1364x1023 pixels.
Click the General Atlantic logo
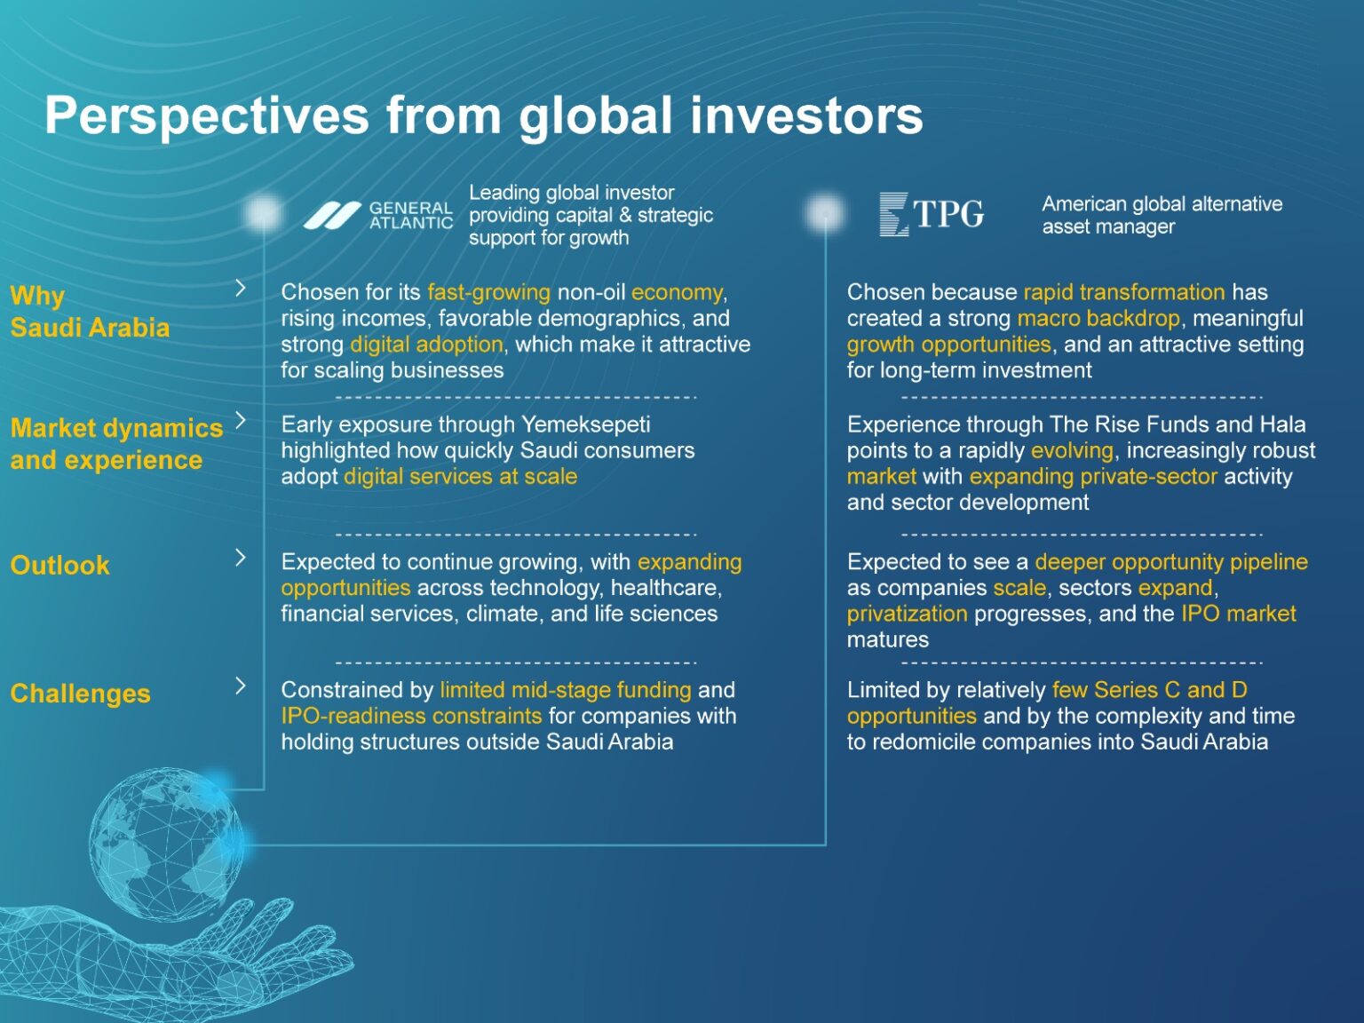377,216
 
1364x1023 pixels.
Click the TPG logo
932,214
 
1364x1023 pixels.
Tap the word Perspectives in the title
207,116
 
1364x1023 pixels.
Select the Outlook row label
60,566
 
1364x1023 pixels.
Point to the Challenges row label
80,694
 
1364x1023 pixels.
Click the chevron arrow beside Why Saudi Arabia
241,288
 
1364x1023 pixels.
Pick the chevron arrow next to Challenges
241,686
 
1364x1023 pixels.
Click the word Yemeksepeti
585,424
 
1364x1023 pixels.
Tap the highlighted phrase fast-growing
489,292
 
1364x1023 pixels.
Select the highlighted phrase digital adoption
427,344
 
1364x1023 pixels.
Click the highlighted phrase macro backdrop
1098,319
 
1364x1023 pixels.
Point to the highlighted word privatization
908,614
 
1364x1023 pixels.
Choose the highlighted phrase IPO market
1239,614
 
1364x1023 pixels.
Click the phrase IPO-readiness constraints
411,716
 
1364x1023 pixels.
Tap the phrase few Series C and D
1150,690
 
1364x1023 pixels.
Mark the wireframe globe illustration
167,845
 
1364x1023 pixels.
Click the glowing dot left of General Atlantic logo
264,212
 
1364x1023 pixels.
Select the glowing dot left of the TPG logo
825,213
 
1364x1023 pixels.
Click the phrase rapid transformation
1124,292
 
